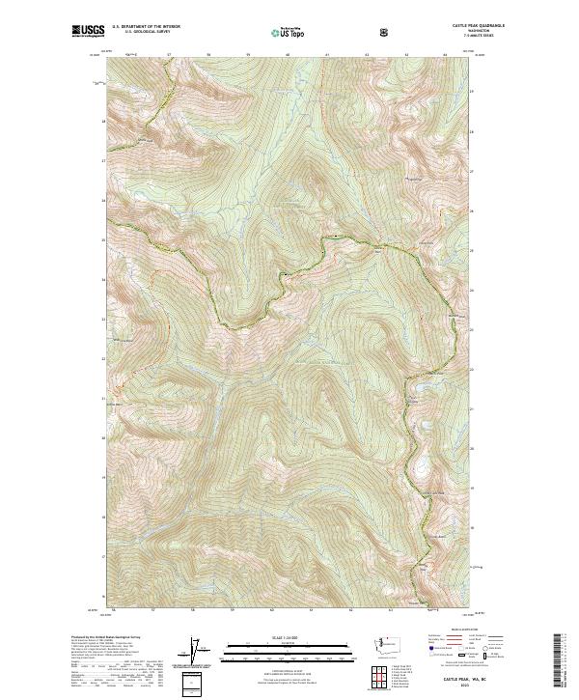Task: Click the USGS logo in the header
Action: pyautogui.click(x=87, y=32)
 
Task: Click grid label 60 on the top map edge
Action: pyautogui.click(x=289, y=55)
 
